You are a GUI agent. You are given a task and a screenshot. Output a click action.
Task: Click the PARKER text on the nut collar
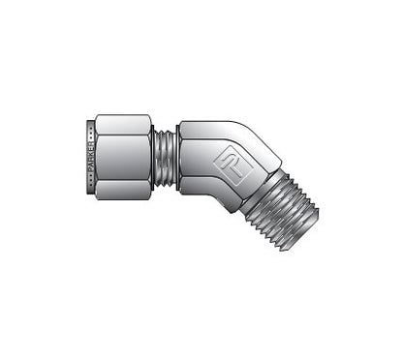click(x=91, y=153)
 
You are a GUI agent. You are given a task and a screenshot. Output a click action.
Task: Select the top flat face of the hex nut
click(x=123, y=124)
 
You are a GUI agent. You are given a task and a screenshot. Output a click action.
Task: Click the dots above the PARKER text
click(x=91, y=129)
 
